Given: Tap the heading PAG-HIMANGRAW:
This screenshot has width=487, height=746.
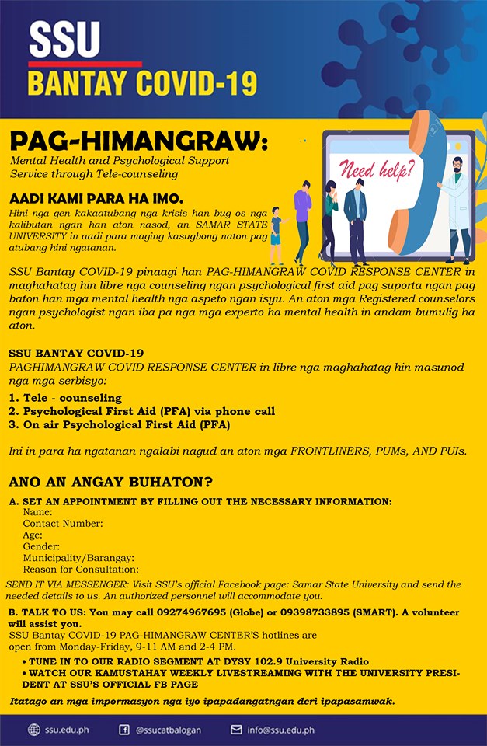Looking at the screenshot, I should coord(138,142).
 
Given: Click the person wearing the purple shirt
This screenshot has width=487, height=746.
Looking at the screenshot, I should coord(301,218).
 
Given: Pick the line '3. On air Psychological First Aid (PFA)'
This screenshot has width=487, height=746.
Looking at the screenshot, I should coord(119,425).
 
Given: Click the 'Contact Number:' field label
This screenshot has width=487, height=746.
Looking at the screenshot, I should coord(63,524).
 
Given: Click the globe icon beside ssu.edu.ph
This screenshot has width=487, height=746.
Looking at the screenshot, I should coord(33,730).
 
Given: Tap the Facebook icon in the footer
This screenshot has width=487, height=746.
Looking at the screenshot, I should coord(124,730).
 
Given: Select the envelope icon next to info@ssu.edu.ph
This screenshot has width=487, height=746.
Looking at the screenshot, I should coord(237,730).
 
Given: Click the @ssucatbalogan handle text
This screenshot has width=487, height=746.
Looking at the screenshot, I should coord(169,730).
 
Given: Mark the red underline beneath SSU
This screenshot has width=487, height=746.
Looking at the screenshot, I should coord(85,64).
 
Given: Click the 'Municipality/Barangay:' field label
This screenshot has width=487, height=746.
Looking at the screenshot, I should coord(78,558).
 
